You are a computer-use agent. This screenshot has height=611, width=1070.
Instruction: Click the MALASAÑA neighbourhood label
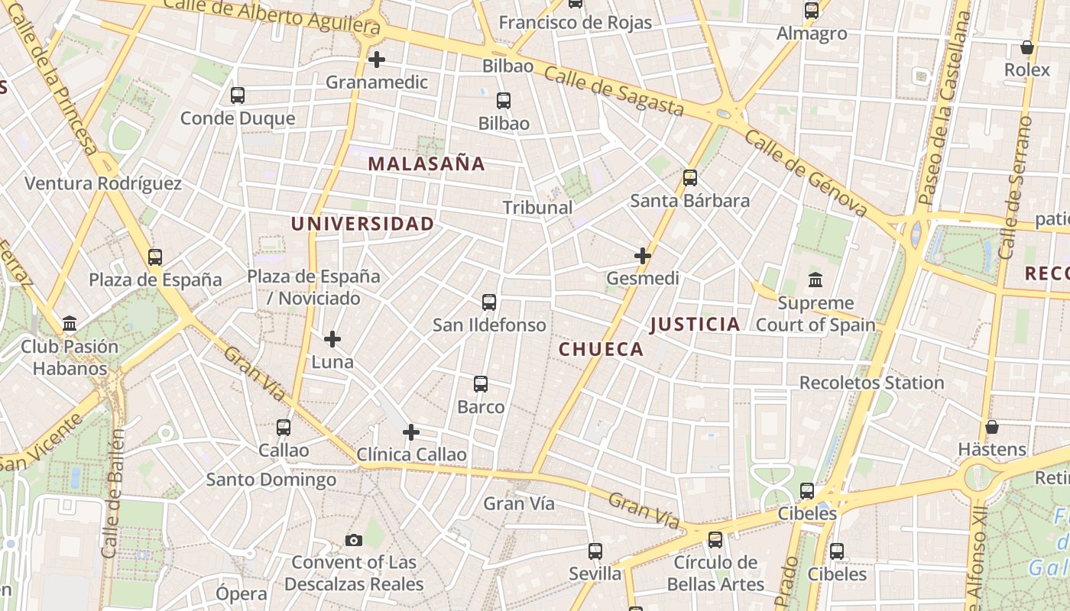[x=426, y=163]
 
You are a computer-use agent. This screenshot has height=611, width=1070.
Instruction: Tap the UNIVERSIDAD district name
[x=362, y=224]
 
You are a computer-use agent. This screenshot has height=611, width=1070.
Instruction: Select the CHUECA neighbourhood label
[x=601, y=349]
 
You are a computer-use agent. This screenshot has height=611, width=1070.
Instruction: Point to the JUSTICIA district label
[x=695, y=324]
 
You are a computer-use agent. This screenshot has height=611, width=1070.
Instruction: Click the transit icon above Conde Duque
[x=238, y=95]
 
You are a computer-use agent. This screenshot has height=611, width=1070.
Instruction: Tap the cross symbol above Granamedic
[x=376, y=59]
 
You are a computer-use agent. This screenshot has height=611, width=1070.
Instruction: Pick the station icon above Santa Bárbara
[x=690, y=178]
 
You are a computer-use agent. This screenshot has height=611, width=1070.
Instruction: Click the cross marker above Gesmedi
[x=643, y=255]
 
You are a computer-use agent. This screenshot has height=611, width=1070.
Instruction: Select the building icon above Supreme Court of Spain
[x=815, y=280]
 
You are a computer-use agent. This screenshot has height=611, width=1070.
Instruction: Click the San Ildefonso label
[x=489, y=325]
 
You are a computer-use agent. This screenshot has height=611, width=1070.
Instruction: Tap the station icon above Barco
[x=481, y=383]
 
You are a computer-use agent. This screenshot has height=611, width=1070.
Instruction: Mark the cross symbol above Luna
[x=332, y=338]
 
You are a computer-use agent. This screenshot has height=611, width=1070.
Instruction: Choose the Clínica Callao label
[x=411, y=454]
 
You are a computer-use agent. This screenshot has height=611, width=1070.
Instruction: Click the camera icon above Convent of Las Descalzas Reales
[x=353, y=540]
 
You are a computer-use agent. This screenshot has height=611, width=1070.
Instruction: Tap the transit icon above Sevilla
[x=595, y=551]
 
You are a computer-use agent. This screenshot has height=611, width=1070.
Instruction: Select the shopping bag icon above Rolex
[x=1027, y=47]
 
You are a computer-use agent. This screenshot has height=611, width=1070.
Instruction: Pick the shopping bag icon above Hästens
[x=992, y=426]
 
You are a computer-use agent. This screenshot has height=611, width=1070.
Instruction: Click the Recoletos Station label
[x=871, y=382]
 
